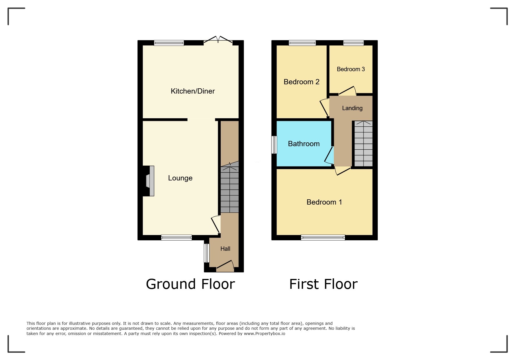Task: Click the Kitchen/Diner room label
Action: [193, 91]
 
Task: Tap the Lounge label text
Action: [180, 178]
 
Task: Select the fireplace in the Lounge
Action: [149, 181]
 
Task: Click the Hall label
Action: [225, 249]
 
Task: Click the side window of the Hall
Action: [206, 253]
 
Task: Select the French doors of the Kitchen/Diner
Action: [218, 41]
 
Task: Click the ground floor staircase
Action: [230, 189]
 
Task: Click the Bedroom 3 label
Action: [351, 69]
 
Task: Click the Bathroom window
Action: [274, 145]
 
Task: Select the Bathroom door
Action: [329, 155]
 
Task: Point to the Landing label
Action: [352, 108]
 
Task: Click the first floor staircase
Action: [363, 144]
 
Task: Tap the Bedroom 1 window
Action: [323, 238]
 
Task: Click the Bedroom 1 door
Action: [343, 171]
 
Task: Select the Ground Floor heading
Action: [190, 284]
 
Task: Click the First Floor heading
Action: [323, 284]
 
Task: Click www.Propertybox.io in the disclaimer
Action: [264, 334]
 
